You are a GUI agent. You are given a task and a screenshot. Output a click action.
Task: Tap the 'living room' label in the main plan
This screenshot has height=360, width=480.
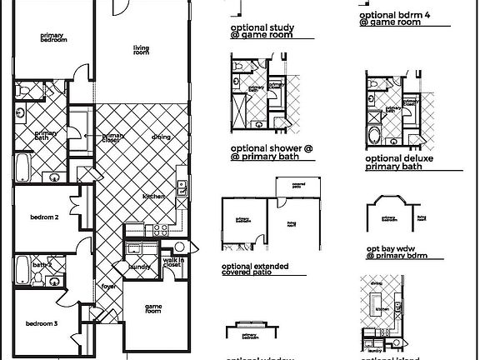coord(142,52)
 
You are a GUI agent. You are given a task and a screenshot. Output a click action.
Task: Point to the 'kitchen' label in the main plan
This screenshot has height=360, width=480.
coord(153,196)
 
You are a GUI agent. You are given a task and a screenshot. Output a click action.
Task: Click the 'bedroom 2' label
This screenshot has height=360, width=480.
coord(44,218)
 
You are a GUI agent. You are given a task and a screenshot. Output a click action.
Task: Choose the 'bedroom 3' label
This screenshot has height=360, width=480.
coord(41,323)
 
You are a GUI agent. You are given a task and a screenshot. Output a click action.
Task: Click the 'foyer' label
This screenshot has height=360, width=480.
coord(108,286)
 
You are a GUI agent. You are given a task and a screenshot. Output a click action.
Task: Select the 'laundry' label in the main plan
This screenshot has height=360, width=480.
coord(138,267)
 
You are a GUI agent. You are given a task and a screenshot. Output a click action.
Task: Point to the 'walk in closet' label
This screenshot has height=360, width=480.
coord(172,265)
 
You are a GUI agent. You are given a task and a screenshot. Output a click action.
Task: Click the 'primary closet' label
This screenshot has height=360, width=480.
coord(113,138)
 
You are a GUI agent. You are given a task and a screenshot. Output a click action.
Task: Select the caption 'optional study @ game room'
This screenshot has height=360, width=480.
coord(261,32)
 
